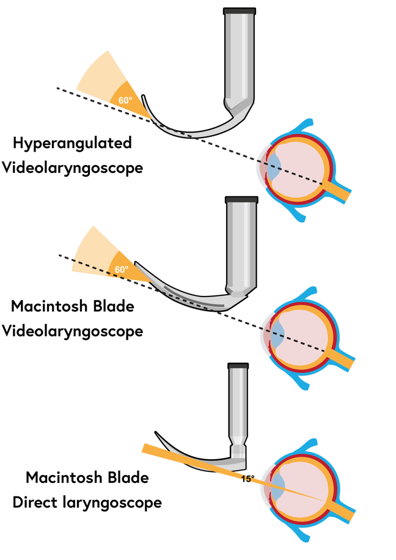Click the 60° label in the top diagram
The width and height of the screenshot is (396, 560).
[125, 101]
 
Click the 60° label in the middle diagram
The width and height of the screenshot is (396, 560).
[122, 270]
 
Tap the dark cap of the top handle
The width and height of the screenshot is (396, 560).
[240, 11]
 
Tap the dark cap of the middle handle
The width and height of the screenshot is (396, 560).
[241, 199]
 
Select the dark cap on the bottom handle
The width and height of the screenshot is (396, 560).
[238, 366]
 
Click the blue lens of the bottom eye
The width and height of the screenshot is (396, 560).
[277, 486]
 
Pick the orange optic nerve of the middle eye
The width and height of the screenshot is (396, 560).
[342, 359]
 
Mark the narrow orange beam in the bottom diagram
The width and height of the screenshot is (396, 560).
[183, 460]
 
